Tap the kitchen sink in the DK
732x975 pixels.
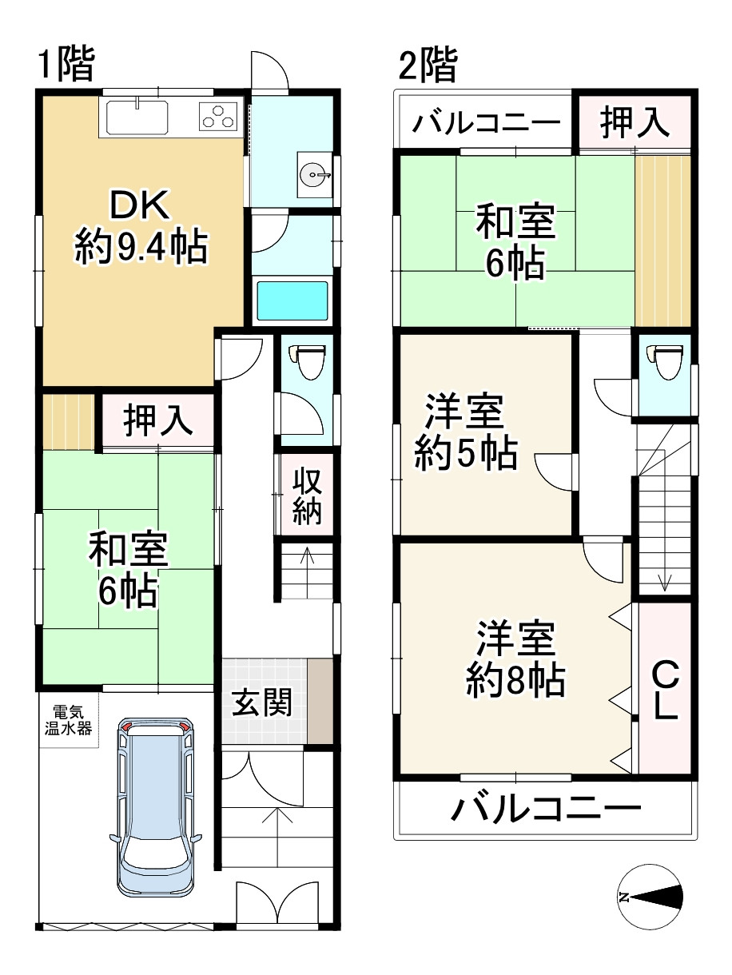pos(136,118)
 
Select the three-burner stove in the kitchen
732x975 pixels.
pos(220,117)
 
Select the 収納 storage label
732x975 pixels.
pos(306,495)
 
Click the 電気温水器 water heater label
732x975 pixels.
pos(68,719)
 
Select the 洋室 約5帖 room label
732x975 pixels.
pos(464,435)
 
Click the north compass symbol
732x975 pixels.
pos(650,897)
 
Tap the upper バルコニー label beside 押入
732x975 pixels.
pos(486,124)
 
